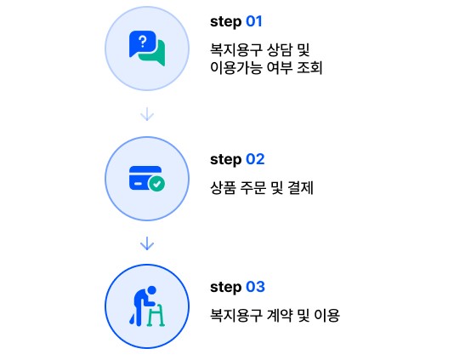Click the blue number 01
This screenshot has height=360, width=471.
(254, 21)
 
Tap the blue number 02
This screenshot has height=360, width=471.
(255, 159)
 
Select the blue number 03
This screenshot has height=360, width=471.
(256, 287)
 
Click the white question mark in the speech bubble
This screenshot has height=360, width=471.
(143, 42)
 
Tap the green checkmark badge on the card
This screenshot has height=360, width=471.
(156, 183)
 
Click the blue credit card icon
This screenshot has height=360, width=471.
(145, 178)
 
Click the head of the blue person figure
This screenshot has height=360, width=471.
(151, 290)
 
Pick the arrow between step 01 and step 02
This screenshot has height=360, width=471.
(147, 114)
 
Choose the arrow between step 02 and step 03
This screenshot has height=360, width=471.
(147, 243)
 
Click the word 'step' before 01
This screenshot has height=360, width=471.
(225, 22)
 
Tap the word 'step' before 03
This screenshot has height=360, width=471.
(225, 287)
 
